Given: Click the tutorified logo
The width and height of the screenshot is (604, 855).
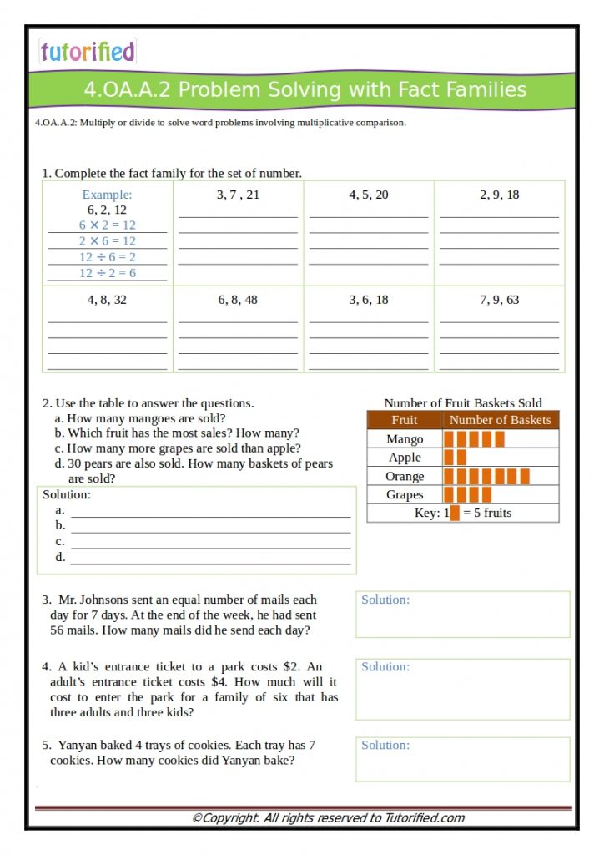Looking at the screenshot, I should (87, 52).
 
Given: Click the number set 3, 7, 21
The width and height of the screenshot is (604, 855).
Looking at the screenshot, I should (238, 195).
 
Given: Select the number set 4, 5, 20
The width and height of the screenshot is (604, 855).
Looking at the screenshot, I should (368, 195).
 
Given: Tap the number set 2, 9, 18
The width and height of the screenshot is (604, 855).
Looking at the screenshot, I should (499, 195).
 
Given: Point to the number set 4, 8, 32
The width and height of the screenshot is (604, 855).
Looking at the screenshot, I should (107, 300).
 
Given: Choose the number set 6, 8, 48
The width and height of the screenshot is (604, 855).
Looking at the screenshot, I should (238, 300).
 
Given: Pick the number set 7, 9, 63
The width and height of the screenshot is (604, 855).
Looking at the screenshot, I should (499, 300).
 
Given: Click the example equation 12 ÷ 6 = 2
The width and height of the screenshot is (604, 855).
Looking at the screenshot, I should (108, 257).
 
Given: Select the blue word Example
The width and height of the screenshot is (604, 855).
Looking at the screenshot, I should (107, 195).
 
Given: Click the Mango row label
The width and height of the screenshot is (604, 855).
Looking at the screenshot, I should (405, 439).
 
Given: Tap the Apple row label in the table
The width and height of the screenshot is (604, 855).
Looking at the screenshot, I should (405, 458).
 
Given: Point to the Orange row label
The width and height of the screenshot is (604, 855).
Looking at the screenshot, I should (405, 476).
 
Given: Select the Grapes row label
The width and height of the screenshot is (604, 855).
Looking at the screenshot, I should (405, 494).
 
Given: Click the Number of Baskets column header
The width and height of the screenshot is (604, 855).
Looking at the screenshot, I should (500, 420).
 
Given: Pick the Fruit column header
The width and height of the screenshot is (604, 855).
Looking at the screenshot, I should (405, 420).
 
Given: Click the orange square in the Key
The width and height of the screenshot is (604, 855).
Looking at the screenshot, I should (455, 513).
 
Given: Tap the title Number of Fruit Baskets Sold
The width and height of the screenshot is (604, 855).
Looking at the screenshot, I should (462, 403).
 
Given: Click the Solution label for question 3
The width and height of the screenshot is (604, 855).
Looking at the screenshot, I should (385, 600).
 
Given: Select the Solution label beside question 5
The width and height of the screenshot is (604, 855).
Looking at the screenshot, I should (385, 745).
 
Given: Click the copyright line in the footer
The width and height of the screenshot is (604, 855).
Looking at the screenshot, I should (328, 818).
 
